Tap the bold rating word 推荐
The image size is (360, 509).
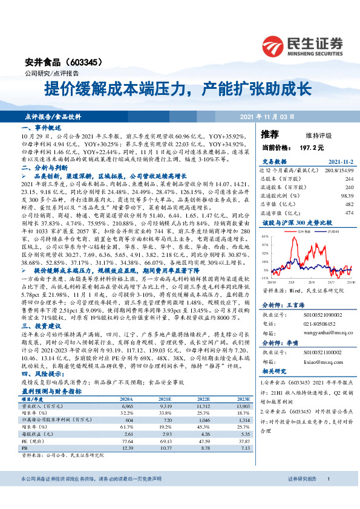coord(270,134)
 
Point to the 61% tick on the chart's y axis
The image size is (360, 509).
coord(265,237)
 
